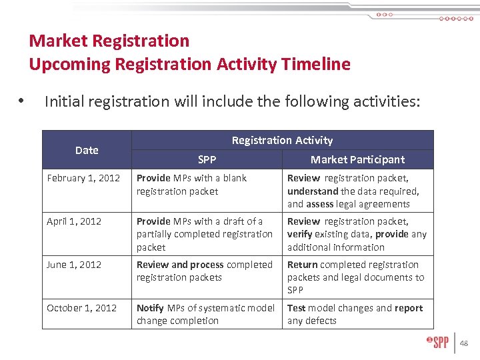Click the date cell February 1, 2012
pyautogui.click(x=83, y=178)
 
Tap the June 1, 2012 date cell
pyautogui.click(x=74, y=265)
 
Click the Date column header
pyautogui.click(x=87, y=150)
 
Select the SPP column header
pyautogui.click(x=207, y=159)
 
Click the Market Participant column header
pyautogui.click(x=357, y=159)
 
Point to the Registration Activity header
pyautogui.click(x=282, y=140)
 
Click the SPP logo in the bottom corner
pyautogui.click(x=437, y=343)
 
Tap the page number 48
pyautogui.click(x=464, y=343)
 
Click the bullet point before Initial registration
pyautogui.click(x=22, y=102)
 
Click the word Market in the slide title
pyautogui.click(x=59, y=41)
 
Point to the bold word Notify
pyautogui.click(x=150, y=308)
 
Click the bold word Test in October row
pyautogui.click(x=297, y=308)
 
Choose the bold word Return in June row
pyautogui.click(x=302, y=265)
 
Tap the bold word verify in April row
pyautogui.click(x=299, y=234)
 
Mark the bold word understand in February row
pyautogui.click(x=313, y=191)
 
